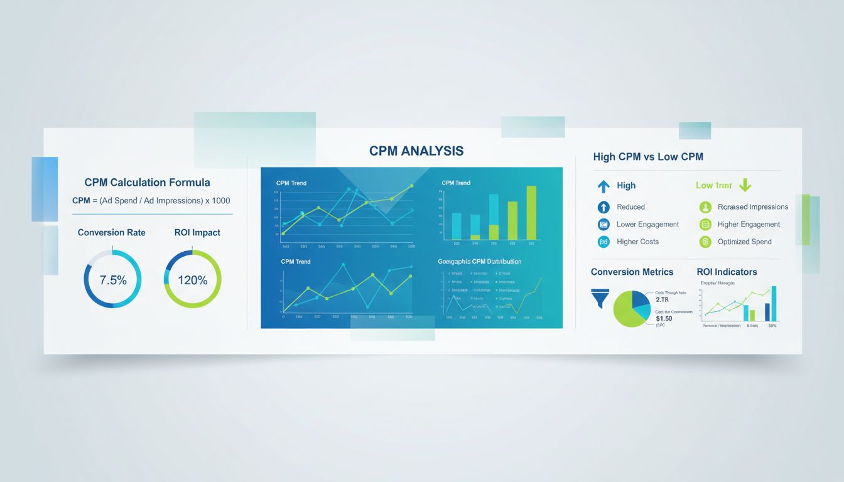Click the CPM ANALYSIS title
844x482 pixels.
416,151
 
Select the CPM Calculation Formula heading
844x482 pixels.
147,183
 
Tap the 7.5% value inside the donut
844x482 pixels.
113,281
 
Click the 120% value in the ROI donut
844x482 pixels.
192,281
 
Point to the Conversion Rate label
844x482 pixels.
111,232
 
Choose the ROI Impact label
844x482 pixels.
197,232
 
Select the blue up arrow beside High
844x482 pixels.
603,186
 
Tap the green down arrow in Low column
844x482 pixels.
745,185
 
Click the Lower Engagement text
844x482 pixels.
647,224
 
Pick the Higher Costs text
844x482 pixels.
637,242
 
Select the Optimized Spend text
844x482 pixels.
744,242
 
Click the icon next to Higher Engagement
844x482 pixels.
705,224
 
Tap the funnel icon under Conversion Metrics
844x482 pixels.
600,297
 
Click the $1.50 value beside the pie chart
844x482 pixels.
664,318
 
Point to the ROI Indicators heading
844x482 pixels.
727,272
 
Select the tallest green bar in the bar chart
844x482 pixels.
531,213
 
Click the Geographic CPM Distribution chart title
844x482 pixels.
479,261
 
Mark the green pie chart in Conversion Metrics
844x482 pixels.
630,309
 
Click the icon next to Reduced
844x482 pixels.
603,206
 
